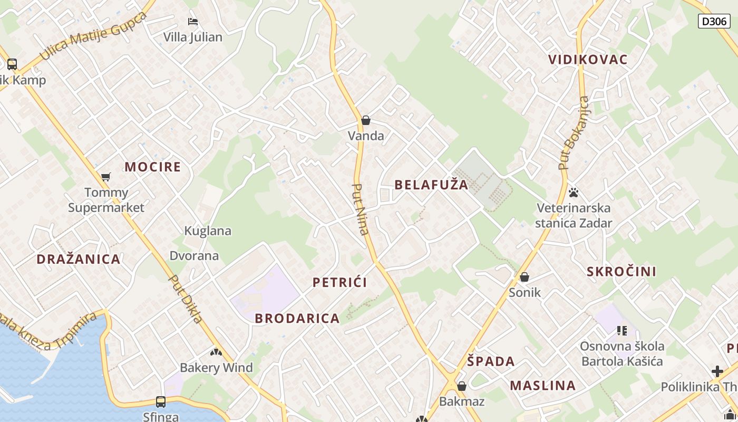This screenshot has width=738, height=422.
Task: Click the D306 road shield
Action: [714, 21]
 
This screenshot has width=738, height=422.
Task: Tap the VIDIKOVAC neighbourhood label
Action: [588, 60]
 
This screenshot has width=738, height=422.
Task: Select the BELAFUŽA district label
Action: [431, 185]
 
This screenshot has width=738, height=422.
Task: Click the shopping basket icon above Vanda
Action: [366, 121]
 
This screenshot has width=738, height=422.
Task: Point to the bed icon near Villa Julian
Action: [193, 22]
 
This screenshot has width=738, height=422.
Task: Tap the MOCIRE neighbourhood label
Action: [152, 167]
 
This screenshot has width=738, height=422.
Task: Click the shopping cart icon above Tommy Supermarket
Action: [106, 177]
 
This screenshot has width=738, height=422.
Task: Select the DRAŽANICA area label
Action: [79, 260]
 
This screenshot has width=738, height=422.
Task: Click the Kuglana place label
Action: [208, 231]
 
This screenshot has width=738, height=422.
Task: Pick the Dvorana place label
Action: [194, 256]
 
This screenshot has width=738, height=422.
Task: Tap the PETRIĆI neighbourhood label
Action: [339, 282]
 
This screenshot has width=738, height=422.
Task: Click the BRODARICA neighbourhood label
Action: [297, 319]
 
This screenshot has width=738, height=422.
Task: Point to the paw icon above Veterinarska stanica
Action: [574, 193]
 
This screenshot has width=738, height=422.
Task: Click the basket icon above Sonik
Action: [525, 277]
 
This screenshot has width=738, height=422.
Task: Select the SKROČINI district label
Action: [622, 272]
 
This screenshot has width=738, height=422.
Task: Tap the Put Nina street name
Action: [361, 209]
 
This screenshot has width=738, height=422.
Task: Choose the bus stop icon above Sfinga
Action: [161, 402]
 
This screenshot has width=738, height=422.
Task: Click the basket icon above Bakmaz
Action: [462, 386]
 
